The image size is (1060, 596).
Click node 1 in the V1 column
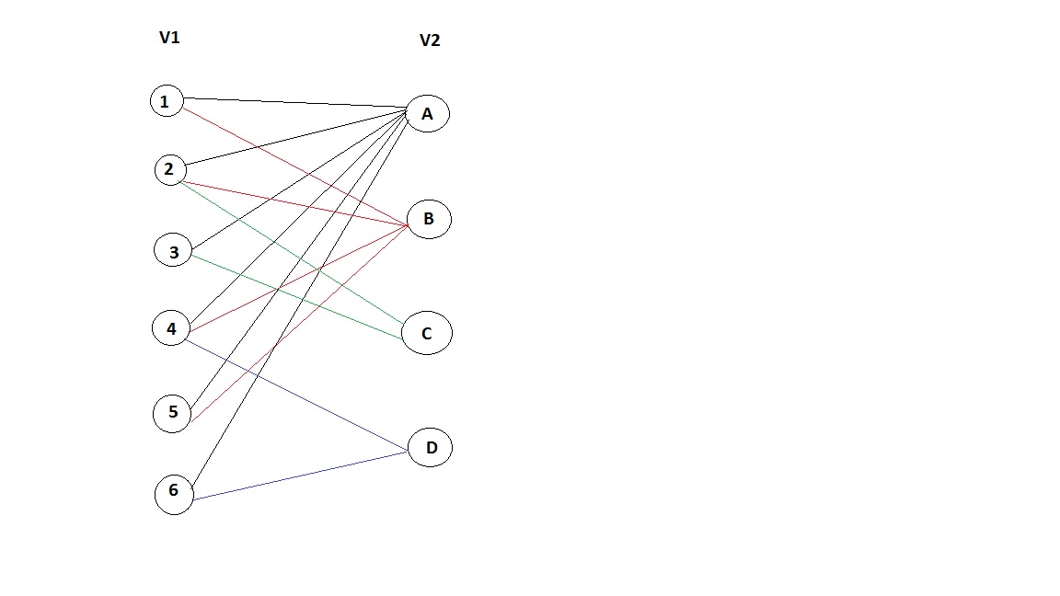tap(166, 100)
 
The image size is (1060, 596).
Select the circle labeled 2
tap(169, 169)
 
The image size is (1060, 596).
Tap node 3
tap(173, 250)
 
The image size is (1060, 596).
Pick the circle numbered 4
tap(171, 328)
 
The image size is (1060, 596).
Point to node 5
tap(172, 413)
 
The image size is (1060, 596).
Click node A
tap(427, 114)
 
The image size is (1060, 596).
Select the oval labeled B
tap(428, 220)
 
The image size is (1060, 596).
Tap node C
tap(427, 334)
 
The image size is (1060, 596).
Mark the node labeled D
tap(431, 448)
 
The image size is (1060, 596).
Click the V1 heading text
tap(169, 38)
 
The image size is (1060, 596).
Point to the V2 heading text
tap(430, 40)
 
